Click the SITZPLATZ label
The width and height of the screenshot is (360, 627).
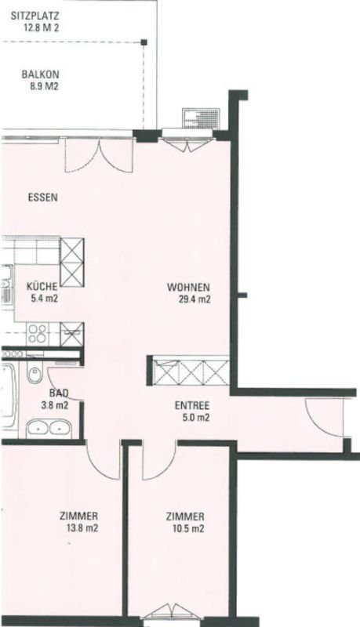[x=36, y=16]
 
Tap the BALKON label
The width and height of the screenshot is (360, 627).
[x=41, y=74]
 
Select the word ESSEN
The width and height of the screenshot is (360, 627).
[x=43, y=198]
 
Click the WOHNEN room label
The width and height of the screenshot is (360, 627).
[x=189, y=287]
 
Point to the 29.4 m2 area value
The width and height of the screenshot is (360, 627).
[x=195, y=299]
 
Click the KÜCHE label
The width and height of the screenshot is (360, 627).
[x=42, y=286]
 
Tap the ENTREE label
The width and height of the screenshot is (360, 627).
[x=192, y=405]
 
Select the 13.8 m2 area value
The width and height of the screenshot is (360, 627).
[x=82, y=527]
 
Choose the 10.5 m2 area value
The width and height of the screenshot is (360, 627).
[x=188, y=528]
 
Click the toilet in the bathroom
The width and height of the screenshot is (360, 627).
[x=35, y=374]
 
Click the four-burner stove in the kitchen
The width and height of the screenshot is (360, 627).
[x=37, y=334]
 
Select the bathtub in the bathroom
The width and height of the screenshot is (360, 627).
[x=9, y=396]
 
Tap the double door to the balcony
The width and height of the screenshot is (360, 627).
[x=99, y=154]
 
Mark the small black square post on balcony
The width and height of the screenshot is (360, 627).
[x=144, y=42]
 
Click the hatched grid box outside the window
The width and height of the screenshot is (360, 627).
[x=201, y=118]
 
